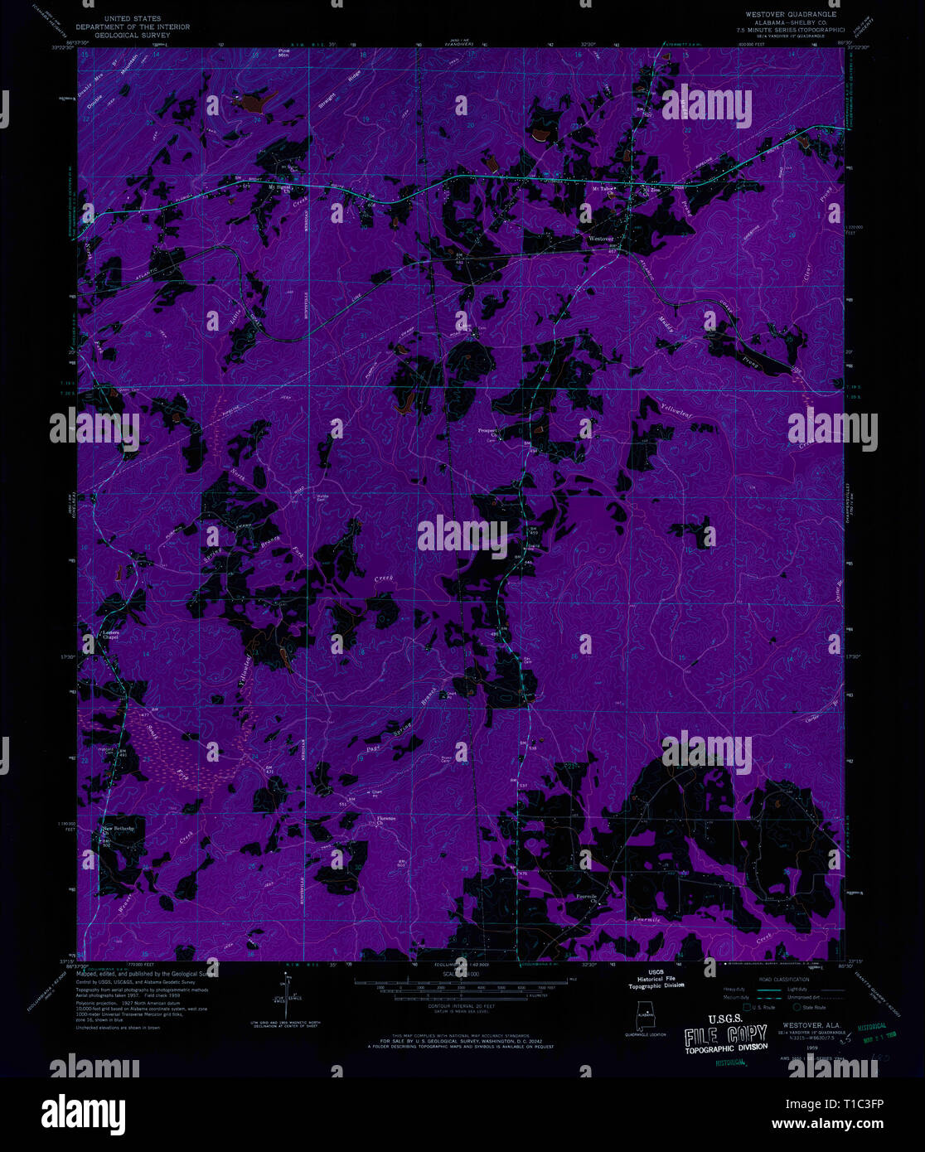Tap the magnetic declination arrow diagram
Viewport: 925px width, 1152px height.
click(288, 999)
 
